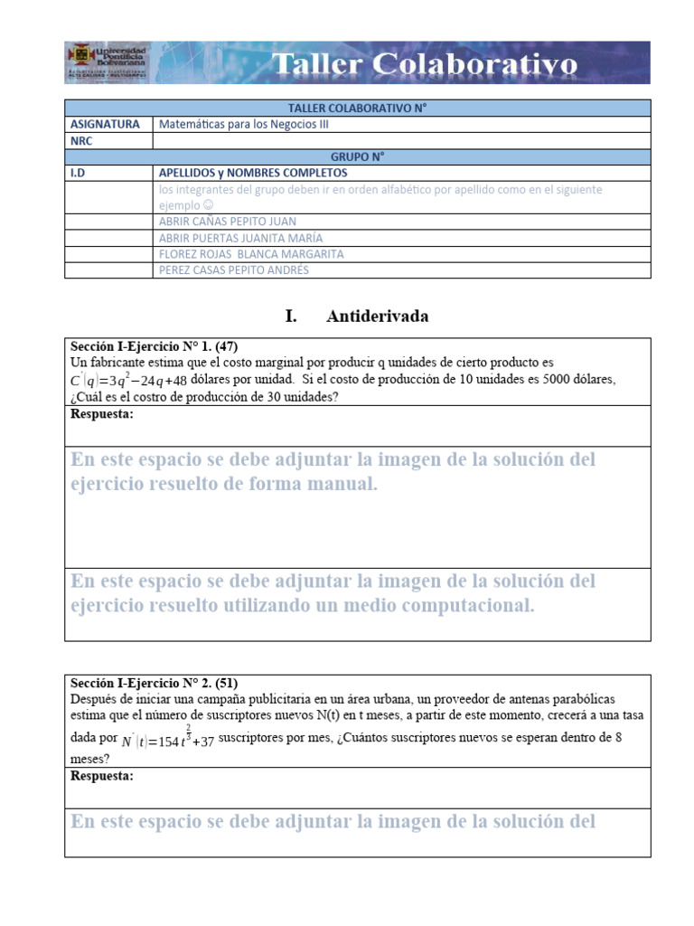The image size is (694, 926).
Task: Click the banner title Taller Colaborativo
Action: [424, 64]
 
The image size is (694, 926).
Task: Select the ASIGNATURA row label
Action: [105, 125]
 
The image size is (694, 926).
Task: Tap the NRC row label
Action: [81, 141]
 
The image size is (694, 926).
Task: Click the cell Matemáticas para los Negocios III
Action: [243, 125]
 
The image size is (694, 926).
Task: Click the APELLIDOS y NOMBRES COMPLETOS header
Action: [253, 173]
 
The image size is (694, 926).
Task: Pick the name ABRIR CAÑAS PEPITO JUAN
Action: [227, 222]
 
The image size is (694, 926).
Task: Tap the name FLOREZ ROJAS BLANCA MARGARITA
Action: [250, 254]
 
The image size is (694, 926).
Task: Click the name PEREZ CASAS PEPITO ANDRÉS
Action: [233, 270]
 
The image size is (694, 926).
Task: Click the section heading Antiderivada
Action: [377, 317]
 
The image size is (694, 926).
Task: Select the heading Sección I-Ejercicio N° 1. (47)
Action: [154, 346]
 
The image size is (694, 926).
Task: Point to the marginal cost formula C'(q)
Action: [128, 381]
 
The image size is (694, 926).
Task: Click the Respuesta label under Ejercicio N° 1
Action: [101, 414]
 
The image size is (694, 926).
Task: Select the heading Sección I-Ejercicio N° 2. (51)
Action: [154, 684]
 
